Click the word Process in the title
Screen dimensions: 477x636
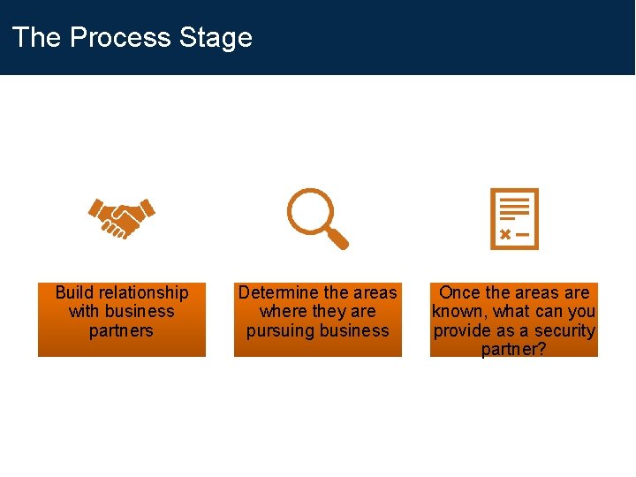pyautogui.click(x=120, y=37)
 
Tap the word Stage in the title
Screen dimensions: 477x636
pyautogui.click(x=216, y=37)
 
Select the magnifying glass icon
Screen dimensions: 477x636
pyautogui.click(x=316, y=217)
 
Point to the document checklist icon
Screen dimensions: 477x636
pyautogui.click(x=514, y=218)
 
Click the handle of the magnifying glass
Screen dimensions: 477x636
pyautogui.click(x=337, y=238)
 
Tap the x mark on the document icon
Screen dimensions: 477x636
pyautogui.click(x=504, y=235)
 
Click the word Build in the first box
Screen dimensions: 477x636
pyautogui.click(x=74, y=292)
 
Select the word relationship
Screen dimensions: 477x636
pyautogui.click(x=143, y=292)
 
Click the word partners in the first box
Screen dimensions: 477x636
pyautogui.click(x=121, y=331)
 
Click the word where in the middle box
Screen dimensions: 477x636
pyautogui.click(x=280, y=312)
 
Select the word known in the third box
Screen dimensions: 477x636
pyautogui.click(x=458, y=312)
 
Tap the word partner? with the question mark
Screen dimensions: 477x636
pyautogui.click(x=514, y=350)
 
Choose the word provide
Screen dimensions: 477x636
pyautogui.click(x=462, y=331)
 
